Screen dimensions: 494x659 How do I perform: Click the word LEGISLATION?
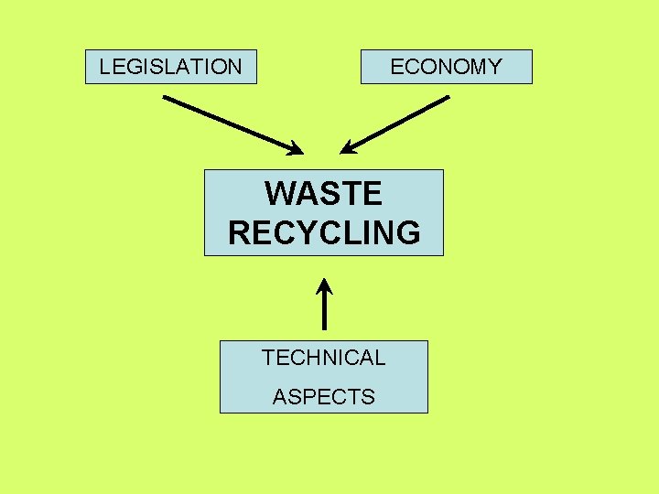pyautogui.click(x=170, y=67)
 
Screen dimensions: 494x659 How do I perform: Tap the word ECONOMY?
pyautogui.click(x=446, y=67)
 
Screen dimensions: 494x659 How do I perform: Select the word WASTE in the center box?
pyautogui.click(x=323, y=194)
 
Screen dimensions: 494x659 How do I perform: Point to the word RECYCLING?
pyautogui.click(x=324, y=233)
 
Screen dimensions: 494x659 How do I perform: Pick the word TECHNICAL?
pyautogui.click(x=323, y=358)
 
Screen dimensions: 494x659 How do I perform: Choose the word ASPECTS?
pyautogui.click(x=323, y=397)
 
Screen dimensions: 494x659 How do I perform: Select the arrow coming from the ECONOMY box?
pyautogui.click(x=394, y=124)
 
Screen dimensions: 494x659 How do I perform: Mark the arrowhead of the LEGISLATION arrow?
pyautogui.click(x=295, y=148)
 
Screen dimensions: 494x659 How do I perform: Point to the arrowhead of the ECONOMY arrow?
pyautogui.click(x=348, y=148)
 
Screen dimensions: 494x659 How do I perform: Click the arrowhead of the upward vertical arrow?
pyautogui.click(x=324, y=285)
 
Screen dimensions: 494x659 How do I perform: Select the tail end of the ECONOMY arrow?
pyautogui.click(x=448, y=98)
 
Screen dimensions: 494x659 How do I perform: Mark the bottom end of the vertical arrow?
pyautogui.click(x=324, y=328)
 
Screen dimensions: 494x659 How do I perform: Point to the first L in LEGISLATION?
pyautogui.click(x=104, y=67)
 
